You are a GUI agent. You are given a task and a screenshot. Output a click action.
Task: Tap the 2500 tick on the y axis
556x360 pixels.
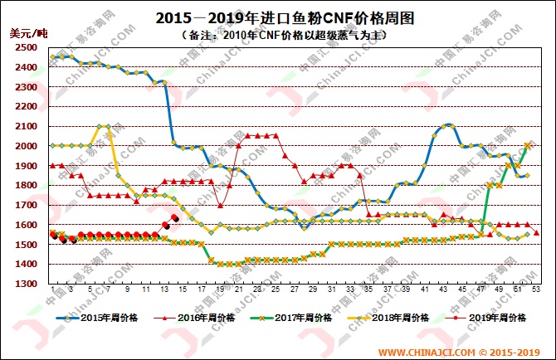point(25,47)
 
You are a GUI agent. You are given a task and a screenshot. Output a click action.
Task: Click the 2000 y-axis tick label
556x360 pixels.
point(25,146)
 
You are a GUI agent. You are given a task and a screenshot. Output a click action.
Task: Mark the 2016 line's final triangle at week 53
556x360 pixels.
point(537,233)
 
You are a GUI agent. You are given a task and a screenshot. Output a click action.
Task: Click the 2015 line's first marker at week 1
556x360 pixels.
point(52,57)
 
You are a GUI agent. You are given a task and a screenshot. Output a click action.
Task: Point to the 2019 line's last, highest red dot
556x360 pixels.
point(174,217)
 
